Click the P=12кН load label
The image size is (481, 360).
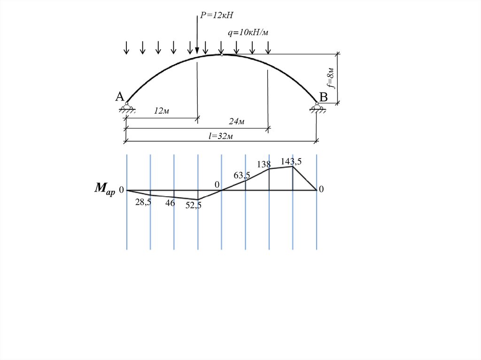click(217, 15)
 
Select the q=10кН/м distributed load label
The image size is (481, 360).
click(248, 32)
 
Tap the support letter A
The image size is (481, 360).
click(120, 97)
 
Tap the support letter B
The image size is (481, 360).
click(323, 97)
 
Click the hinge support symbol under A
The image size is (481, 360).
click(127, 108)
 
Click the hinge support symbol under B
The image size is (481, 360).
click(318, 108)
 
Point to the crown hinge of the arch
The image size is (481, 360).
click(222, 55)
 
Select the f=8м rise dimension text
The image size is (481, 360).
click(330, 77)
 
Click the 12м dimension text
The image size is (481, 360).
click(162, 111)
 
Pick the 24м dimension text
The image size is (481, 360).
click(237, 122)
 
